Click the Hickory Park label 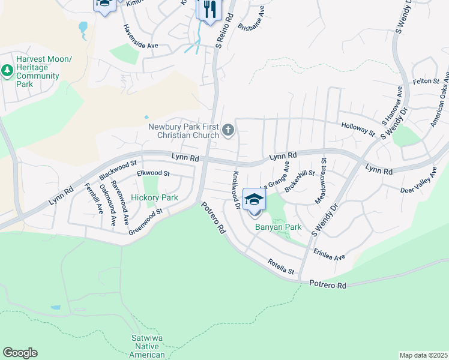tap(154, 197)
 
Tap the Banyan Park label tap(278, 227)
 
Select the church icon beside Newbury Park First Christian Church tap(228, 130)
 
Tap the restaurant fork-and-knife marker tap(209, 10)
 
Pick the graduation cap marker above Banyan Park tap(255, 200)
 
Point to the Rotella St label tap(281, 267)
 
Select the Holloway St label tap(358, 129)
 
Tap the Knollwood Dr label tap(236, 190)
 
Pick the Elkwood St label tap(154, 173)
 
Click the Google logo tap(20, 353)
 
